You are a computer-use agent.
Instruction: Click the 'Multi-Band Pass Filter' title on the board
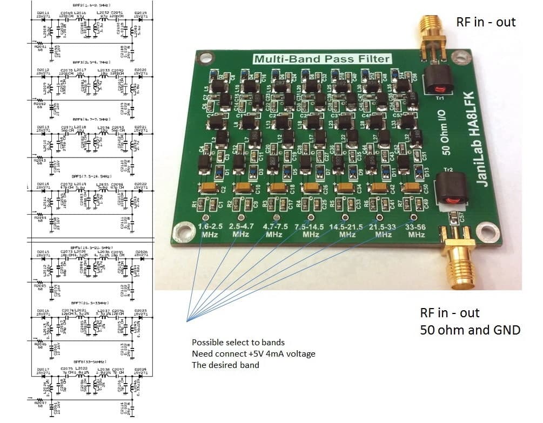coord(322,59)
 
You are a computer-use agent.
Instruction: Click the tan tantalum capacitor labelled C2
coord(208,187)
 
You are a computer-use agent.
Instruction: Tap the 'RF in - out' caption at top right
coord(486,22)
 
